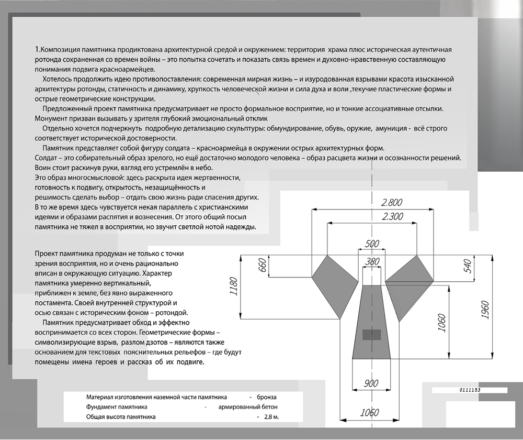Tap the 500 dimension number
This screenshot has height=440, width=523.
[372, 244]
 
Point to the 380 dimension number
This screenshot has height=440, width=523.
[372, 261]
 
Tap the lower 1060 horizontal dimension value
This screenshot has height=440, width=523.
[369, 413]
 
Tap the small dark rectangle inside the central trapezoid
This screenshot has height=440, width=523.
[371, 334]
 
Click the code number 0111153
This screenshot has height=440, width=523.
[470, 390]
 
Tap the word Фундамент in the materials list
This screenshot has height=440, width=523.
[101, 406]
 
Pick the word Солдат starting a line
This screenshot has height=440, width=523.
[46, 158]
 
